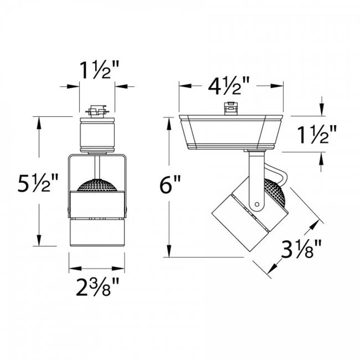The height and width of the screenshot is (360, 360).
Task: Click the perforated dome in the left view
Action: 97,185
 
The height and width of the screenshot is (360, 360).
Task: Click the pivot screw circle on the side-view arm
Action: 257,204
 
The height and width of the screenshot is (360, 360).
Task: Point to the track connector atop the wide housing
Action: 231,109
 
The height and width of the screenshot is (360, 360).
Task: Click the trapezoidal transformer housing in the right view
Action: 230,131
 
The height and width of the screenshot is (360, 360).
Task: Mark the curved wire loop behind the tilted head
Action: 279,173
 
